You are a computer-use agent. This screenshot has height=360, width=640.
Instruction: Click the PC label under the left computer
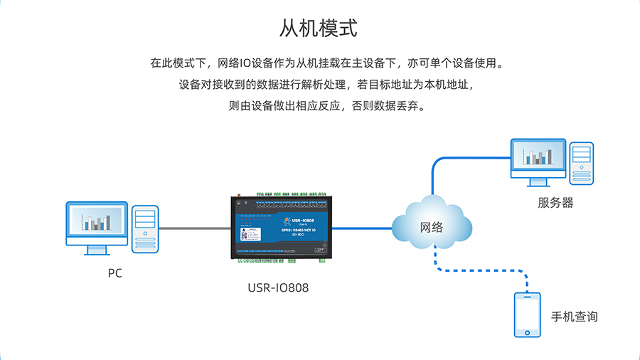tap(114, 273)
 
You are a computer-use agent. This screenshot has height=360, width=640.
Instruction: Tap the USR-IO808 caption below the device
tap(278, 288)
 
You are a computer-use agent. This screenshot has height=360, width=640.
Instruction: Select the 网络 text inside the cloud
tap(432, 228)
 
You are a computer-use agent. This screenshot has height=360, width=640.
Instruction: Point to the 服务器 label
tap(555, 203)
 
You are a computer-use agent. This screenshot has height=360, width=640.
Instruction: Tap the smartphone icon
tap(527, 315)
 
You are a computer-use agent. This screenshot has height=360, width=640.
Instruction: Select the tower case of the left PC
tap(145, 228)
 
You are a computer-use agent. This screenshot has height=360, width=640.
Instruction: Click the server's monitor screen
tap(538, 156)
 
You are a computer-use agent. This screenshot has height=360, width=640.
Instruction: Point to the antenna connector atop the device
tap(240, 194)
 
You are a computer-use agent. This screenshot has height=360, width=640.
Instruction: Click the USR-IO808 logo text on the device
tap(297, 221)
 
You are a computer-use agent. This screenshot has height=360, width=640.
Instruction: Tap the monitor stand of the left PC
tap(97, 248)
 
